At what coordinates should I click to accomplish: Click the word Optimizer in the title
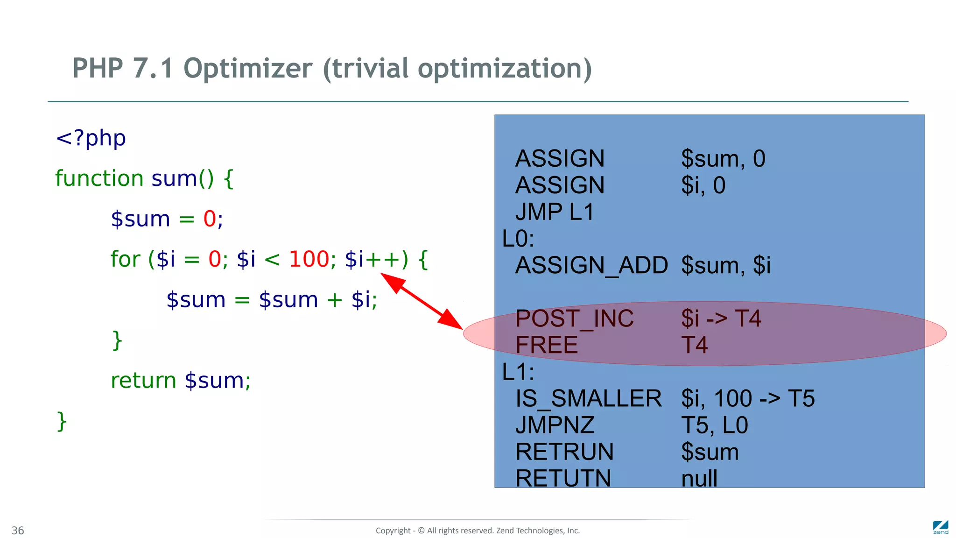tap(247, 69)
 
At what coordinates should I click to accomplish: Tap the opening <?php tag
tap(91, 138)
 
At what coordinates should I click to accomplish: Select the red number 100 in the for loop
tap(309, 259)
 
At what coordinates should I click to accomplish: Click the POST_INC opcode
tap(574, 319)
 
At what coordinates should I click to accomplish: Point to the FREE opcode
tap(546, 346)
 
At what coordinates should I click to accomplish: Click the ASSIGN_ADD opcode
tap(591, 266)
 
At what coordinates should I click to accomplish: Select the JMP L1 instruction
tap(554, 212)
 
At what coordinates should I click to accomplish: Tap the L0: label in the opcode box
tap(518, 239)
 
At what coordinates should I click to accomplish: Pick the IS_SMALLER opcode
tap(588, 399)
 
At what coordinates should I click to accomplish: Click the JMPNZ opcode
tap(555, 425)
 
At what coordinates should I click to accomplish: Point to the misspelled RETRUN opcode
tap(564, 452)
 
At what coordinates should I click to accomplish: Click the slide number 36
tap(18, 531)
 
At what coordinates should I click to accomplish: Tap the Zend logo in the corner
tap(940, 527)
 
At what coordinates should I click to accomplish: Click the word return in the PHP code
tap(143, 381)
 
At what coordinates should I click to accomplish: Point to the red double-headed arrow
tap(421, 301)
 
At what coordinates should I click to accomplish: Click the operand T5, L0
tap(714, 425)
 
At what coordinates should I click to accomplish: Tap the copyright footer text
tap(478, 531)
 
